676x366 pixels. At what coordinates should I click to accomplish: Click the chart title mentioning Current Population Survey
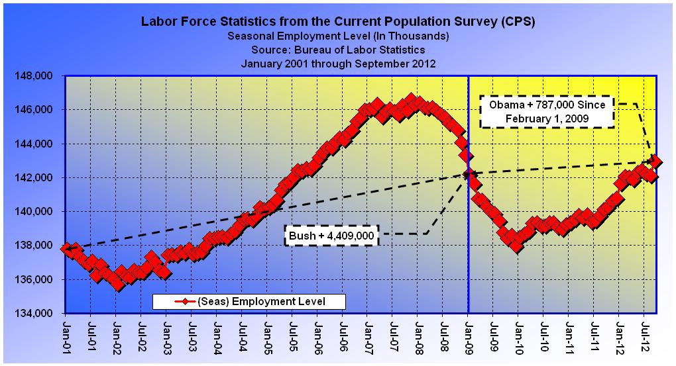point(338,21)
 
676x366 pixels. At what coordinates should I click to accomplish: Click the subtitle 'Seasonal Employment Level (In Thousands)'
point(338,36)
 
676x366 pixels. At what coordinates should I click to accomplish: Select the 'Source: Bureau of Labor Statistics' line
point(338,50)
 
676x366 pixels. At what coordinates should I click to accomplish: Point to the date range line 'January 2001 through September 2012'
point(338,64)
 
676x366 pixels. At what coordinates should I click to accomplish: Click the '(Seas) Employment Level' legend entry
point(249,302)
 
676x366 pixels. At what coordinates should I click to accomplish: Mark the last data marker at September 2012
point(655,161)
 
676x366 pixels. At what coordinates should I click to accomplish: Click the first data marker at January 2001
point(66,250)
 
